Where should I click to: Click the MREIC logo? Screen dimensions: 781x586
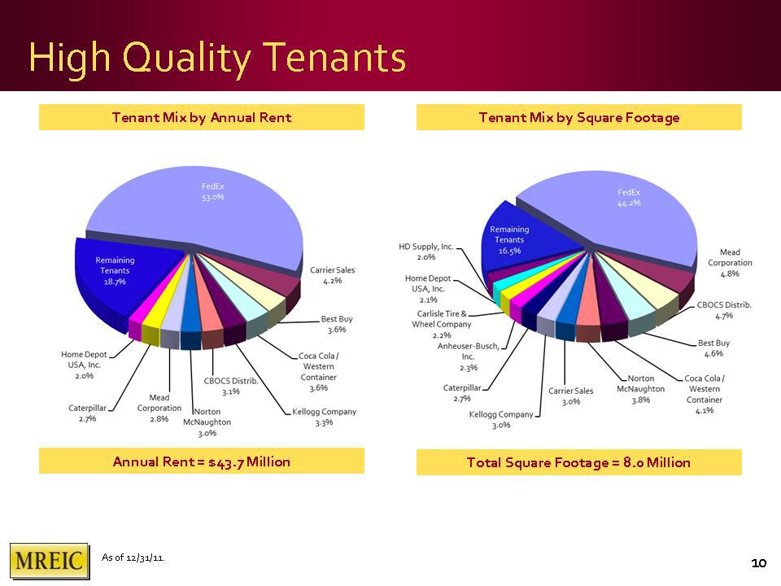click(50, 561)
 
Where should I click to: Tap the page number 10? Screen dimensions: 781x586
click(758, 563)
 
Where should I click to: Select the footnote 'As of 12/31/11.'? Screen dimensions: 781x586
click(133, 557)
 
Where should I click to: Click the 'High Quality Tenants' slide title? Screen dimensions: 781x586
click(218, 57)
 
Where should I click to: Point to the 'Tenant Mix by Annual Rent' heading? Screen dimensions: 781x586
click(202, 117)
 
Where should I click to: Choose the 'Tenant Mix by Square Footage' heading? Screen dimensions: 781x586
click(578, 117)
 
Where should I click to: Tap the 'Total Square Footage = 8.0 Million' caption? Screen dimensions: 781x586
click(578, 462)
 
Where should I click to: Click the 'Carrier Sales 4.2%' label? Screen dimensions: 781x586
click(332, 275)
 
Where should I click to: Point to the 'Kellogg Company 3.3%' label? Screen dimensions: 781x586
click(325, 417)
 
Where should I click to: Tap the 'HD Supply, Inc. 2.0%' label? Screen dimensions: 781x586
click(426, 251)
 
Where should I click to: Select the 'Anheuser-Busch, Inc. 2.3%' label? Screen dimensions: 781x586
click(469, 356)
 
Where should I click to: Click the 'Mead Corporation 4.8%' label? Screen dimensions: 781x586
click(730, 263)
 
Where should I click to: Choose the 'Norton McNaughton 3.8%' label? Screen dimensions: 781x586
click(640, 389)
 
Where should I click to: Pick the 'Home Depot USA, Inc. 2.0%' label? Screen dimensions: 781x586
click(84, 365)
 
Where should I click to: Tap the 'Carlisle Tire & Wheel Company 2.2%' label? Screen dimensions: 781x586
click(441, 325)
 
